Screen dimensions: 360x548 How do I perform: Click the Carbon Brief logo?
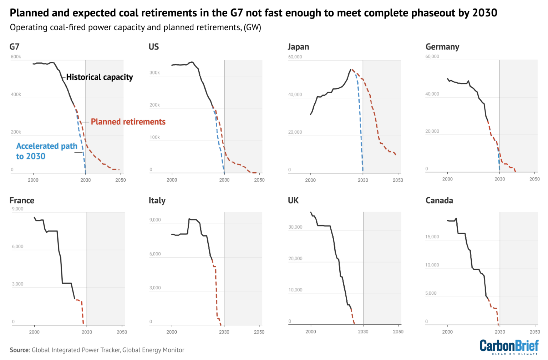(509, 346)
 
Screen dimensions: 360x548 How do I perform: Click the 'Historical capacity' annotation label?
(99, 77)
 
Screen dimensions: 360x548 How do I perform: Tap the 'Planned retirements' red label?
(128, 122)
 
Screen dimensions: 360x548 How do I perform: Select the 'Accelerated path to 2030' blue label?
(46, 151)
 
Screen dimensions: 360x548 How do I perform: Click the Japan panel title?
(298, 47)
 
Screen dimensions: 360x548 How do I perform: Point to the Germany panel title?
(442, 47)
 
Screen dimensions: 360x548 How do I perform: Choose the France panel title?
(22, 200)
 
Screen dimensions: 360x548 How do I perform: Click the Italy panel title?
(157, 200)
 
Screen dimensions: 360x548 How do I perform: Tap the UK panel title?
(293, 200)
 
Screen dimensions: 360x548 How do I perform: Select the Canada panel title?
(439, 200)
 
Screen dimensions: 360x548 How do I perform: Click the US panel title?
(153, 47)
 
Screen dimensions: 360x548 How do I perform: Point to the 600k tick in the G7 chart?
(16, 57)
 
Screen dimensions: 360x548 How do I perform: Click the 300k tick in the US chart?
(154, 73)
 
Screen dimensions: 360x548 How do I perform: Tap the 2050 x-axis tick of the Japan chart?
(398, 180)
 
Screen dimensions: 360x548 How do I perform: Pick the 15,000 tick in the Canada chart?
(432, 237)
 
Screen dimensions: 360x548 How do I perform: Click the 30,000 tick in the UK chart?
(295, 227)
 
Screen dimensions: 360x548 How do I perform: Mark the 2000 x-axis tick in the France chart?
(34, 332)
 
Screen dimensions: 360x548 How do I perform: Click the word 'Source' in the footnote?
(19, 350)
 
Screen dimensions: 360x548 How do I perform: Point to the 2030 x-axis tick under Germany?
(499, 179)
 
